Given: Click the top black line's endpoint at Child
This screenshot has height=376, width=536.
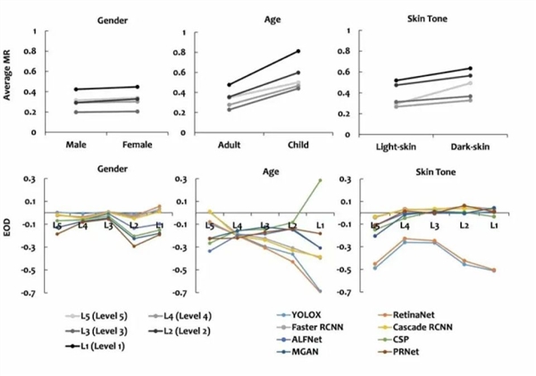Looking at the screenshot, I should tap(298, 51).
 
